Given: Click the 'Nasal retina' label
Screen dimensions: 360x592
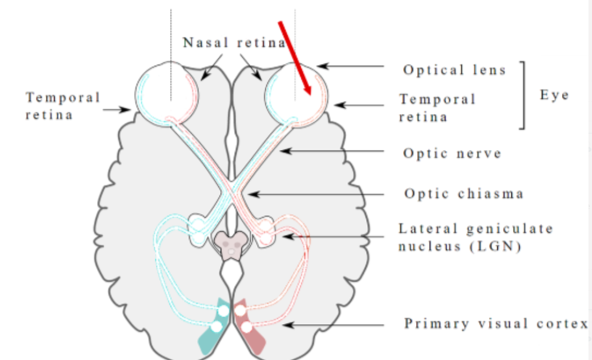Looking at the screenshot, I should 234,43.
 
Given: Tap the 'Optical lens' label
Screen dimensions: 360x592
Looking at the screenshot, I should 454,70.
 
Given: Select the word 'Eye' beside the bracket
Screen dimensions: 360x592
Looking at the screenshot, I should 554,95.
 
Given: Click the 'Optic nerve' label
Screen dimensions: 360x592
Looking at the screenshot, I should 452,154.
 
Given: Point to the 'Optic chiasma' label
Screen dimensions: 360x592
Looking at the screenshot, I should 463,194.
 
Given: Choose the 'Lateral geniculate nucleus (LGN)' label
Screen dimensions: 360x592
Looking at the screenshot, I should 475,237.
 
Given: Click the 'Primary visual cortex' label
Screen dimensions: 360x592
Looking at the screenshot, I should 495,324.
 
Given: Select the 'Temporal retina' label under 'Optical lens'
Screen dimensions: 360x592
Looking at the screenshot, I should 437,108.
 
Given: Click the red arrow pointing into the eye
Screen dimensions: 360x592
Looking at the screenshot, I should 295,56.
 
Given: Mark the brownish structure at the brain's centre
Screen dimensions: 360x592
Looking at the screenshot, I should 231,244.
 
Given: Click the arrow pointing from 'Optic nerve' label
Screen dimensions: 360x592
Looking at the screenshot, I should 335,152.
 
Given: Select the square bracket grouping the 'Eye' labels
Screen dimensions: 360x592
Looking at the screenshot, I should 522,95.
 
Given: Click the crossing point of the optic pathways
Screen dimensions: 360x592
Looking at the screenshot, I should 230,190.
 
